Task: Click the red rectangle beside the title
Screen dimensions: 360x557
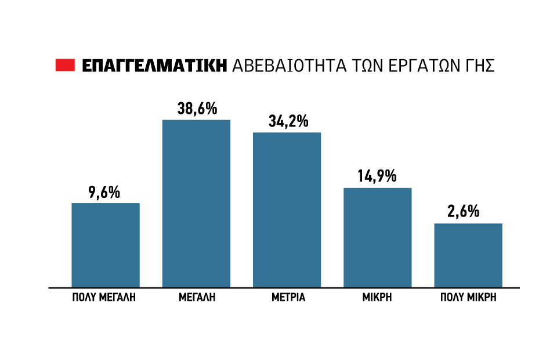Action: click(66, 66)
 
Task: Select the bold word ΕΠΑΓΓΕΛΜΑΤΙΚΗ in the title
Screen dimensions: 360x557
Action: click(154, 66)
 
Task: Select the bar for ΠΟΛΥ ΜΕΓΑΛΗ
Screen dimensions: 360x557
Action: click(106, 245)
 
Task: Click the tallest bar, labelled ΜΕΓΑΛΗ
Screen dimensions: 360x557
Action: click(196, 203)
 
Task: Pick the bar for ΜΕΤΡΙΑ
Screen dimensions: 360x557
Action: click(287, 210)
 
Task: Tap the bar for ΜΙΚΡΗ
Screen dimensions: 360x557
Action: click(378, 237)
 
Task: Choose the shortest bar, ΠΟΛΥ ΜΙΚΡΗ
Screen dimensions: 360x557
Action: click(468, 255)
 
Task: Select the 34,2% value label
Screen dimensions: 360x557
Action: click(288, 121)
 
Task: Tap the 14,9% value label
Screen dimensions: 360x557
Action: click(377, 177)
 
